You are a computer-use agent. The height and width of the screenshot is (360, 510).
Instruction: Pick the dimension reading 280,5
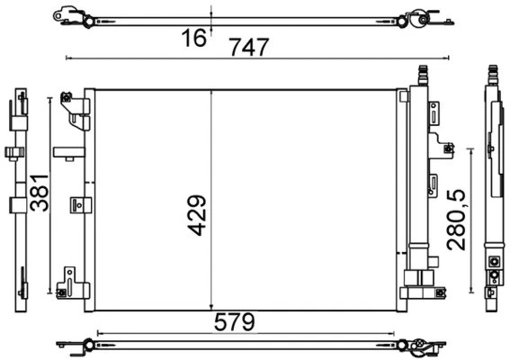458,219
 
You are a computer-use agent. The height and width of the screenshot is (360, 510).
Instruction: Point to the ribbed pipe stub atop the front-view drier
421,74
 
